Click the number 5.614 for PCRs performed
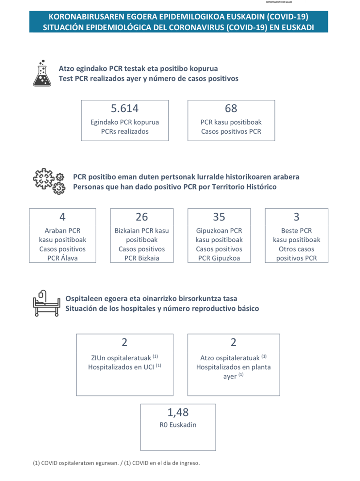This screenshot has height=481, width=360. point(125,108)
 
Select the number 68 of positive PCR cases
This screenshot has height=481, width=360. point(231,108)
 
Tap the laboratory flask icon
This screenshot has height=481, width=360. point(42,73)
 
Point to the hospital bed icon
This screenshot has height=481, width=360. point(46,303)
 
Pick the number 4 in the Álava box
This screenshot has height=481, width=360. point(62,217)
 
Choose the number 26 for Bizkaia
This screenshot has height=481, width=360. point(142,217)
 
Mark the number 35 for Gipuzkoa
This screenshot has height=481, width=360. point(219,217)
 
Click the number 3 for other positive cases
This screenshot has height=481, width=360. point(296,217)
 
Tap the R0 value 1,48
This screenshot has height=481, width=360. point(178,412)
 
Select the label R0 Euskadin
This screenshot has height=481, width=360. point(178,425)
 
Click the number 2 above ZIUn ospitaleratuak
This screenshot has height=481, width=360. point(124,342)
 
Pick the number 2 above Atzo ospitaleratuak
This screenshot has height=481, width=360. point(233,342)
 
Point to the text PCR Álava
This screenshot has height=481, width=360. point(62,258)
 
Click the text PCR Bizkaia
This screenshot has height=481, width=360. point(142,258)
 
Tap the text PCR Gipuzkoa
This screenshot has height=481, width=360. point(219,258)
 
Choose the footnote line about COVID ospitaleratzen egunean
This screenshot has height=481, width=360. point(116,463)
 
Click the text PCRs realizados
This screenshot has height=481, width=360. point(125,131)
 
